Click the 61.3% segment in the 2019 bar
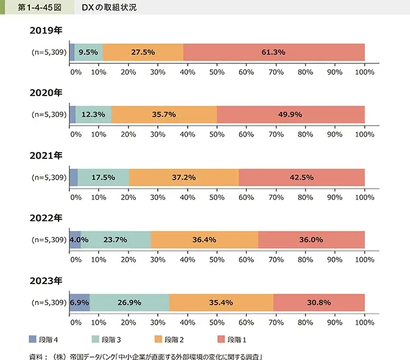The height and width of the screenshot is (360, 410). [273, 52]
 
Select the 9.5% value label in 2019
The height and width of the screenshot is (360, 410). [88, 52]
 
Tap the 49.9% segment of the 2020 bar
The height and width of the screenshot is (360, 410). [290, 115]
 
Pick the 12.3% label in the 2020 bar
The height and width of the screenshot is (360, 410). [94, 115]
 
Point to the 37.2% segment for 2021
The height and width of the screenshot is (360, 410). [183, 177]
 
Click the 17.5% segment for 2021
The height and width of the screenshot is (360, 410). [103, 177]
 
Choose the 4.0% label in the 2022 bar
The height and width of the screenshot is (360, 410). [79, 240]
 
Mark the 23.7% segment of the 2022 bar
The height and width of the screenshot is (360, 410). [115, 240]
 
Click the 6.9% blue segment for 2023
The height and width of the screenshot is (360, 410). [79, 303]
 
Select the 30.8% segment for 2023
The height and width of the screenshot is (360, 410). [319, 303]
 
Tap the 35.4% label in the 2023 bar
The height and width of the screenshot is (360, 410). [221, 303]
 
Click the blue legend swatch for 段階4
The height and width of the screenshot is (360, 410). [33, 340]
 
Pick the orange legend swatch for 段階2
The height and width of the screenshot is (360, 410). [158, 340]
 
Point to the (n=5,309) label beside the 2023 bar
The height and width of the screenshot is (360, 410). [48, 303]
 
